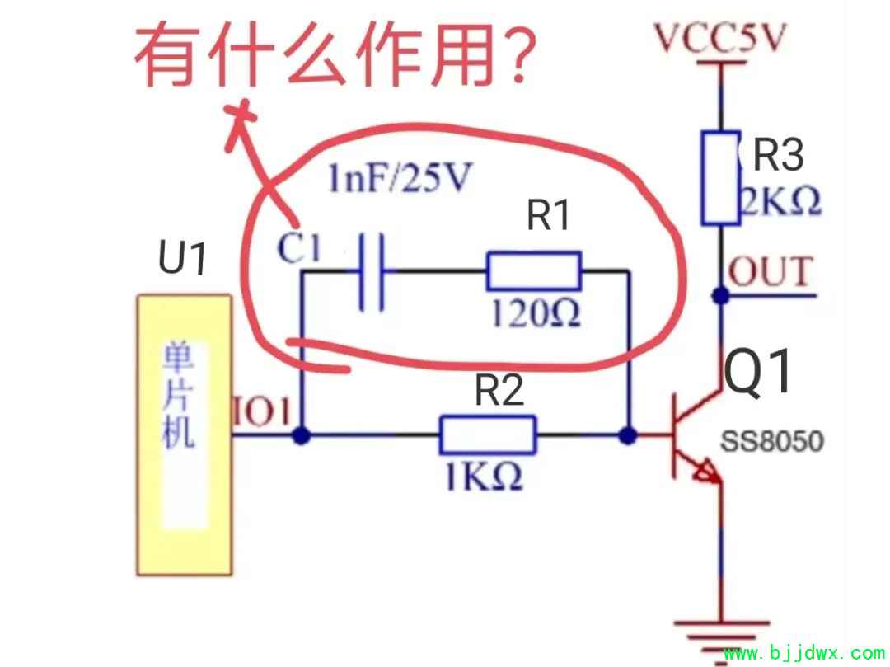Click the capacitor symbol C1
click(x=372, y=271)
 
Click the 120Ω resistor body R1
click(x=533, y=270)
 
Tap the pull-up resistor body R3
click(x=721, y=177)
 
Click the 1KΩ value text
click(x=484, y=477)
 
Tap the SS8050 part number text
click(x=772, y=441)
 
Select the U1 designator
click(x=182, y=258)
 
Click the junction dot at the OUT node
click(x=721, y=294)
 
